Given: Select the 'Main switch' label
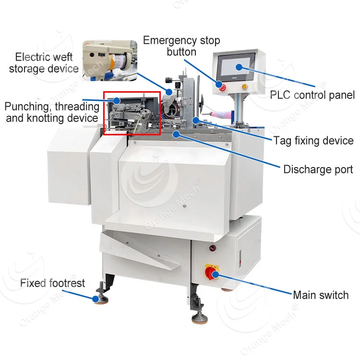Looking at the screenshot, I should pyautogui.click(x=321, y=295).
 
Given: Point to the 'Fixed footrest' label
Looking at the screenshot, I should pyautogui.click(x=52, y=283).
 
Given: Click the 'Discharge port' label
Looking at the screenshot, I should pyautogui.click(x=318, y=169).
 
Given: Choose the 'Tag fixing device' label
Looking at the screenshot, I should pyautogui.click(x=313, y=141).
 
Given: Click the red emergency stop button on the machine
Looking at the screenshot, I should pyautogui.click(x=221, y=86).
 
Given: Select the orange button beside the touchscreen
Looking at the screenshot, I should pyautogui.click(x=244, y=87).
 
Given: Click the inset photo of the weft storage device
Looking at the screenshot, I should pyautogui.click(x=109, y=60).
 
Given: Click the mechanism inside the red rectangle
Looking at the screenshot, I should pyautogui.click(x=132, y=113).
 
